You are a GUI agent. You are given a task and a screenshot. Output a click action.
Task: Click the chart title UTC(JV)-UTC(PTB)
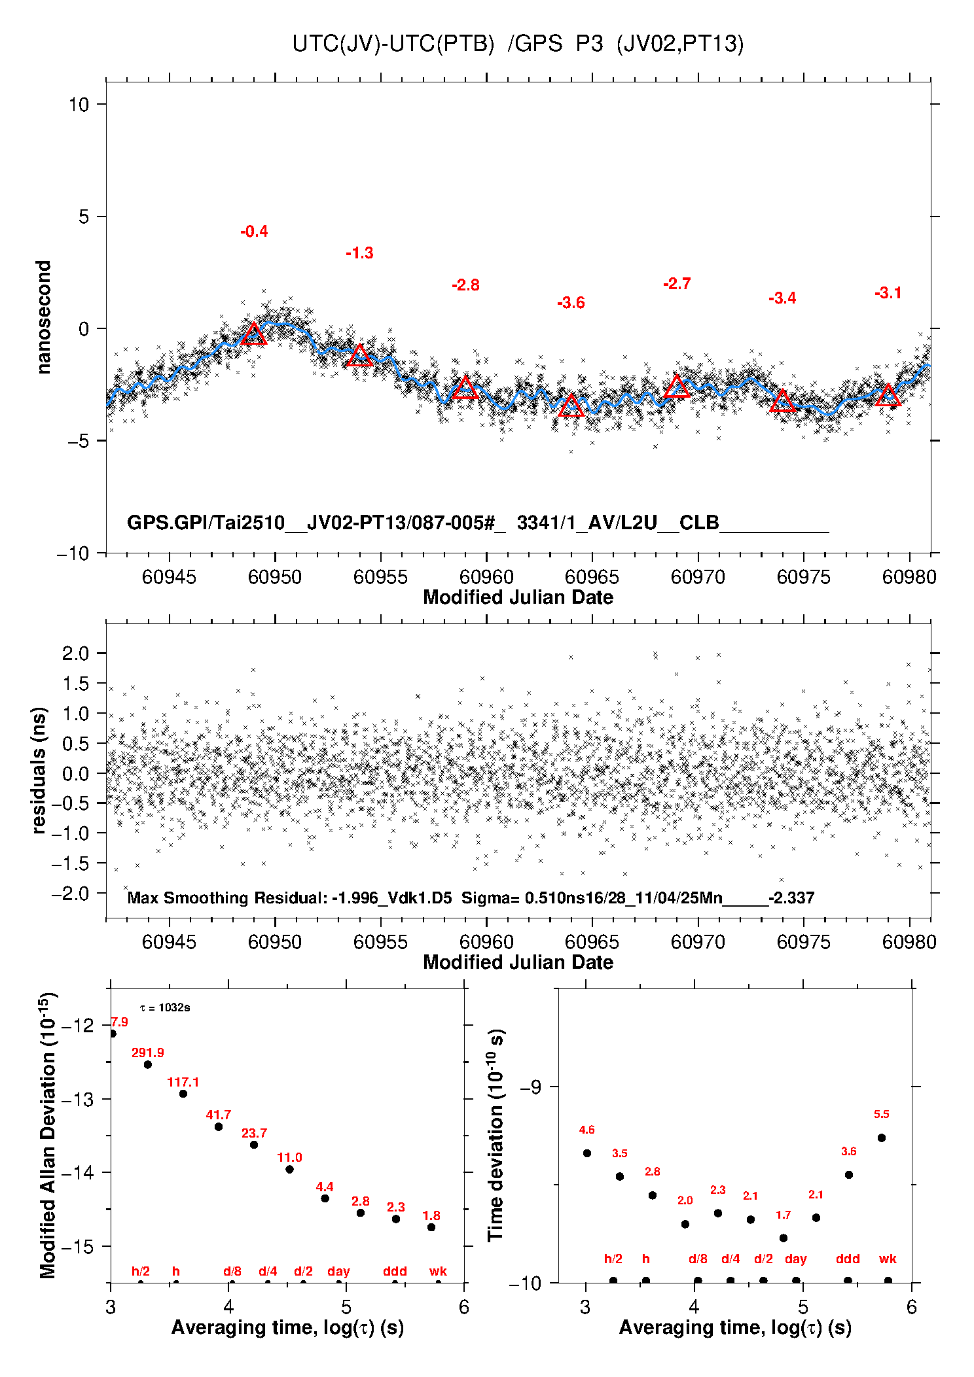[393, 44]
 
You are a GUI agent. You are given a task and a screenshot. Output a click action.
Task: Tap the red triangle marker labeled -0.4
[254, 334]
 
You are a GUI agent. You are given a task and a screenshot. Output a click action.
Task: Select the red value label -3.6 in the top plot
[571, 303]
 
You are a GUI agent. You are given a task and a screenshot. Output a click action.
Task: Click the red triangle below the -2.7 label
[677, 387]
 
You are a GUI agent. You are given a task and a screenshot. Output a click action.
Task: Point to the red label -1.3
[359, 253]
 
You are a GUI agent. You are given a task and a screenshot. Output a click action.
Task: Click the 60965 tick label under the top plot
[592, 577]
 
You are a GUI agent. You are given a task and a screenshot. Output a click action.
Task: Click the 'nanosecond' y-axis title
[43, 317]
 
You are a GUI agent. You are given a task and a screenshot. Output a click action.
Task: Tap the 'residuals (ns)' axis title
[39, 770]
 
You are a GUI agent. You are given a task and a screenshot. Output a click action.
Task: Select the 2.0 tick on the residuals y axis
[75, 653]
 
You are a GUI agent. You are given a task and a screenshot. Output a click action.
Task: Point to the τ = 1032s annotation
[165, 1007]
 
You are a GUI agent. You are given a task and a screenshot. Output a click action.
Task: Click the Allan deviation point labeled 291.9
[148, 1064]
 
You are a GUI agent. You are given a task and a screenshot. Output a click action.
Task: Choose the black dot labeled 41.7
[219, 1126]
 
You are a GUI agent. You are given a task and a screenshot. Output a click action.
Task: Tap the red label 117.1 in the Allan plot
[183, 1082]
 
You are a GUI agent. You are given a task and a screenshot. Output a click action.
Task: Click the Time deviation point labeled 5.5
[882, 1138]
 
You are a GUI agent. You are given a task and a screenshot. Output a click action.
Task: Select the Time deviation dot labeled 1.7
[784, 1238]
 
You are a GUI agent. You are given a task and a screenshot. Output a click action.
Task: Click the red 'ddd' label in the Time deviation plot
[848, 1259]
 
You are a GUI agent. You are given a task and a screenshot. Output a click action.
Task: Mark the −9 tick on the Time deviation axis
[530, 1087]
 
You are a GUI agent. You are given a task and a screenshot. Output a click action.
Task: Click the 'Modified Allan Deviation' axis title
[47, 1135]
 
